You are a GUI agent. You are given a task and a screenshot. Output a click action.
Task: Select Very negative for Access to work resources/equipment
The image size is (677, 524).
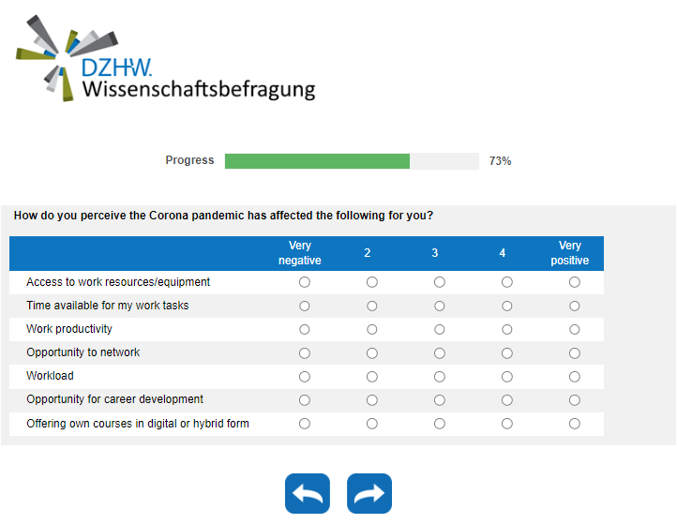click(305, 282)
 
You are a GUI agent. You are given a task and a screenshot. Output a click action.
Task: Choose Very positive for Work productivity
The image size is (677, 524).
click(575, 330)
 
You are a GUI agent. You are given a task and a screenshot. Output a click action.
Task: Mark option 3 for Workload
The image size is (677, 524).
click(440, 377)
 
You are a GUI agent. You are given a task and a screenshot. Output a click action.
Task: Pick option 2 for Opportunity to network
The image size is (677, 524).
click(372, 353)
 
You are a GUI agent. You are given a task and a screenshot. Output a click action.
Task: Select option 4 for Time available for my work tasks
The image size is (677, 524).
click(507, 307)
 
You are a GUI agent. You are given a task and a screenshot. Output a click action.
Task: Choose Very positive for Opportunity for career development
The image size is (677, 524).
click(575, 400)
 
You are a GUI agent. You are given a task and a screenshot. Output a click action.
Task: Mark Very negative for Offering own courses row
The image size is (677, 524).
click(305, 424)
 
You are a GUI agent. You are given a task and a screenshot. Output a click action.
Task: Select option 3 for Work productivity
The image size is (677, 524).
click(440, 330)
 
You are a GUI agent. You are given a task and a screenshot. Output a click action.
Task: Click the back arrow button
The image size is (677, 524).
click(308, 494)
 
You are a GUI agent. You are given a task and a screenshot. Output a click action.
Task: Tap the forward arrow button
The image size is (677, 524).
click(369, 494)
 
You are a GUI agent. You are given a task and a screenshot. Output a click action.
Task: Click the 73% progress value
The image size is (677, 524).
click(500, 161)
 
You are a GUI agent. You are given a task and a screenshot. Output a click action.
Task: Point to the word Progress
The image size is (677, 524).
click(189, 160)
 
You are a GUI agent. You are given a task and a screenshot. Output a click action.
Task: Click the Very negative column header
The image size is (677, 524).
click(300, 253)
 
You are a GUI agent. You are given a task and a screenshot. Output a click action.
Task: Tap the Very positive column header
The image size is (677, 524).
click(570, 253)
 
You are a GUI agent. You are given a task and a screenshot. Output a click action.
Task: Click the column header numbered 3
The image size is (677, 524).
click(435, 253)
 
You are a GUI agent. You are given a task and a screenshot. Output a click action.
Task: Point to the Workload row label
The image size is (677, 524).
click(50, 376)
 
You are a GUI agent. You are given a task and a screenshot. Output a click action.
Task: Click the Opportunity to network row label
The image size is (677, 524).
click(83, 352)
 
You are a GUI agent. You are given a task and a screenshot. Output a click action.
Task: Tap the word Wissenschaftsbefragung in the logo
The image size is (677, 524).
click(198, 90)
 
